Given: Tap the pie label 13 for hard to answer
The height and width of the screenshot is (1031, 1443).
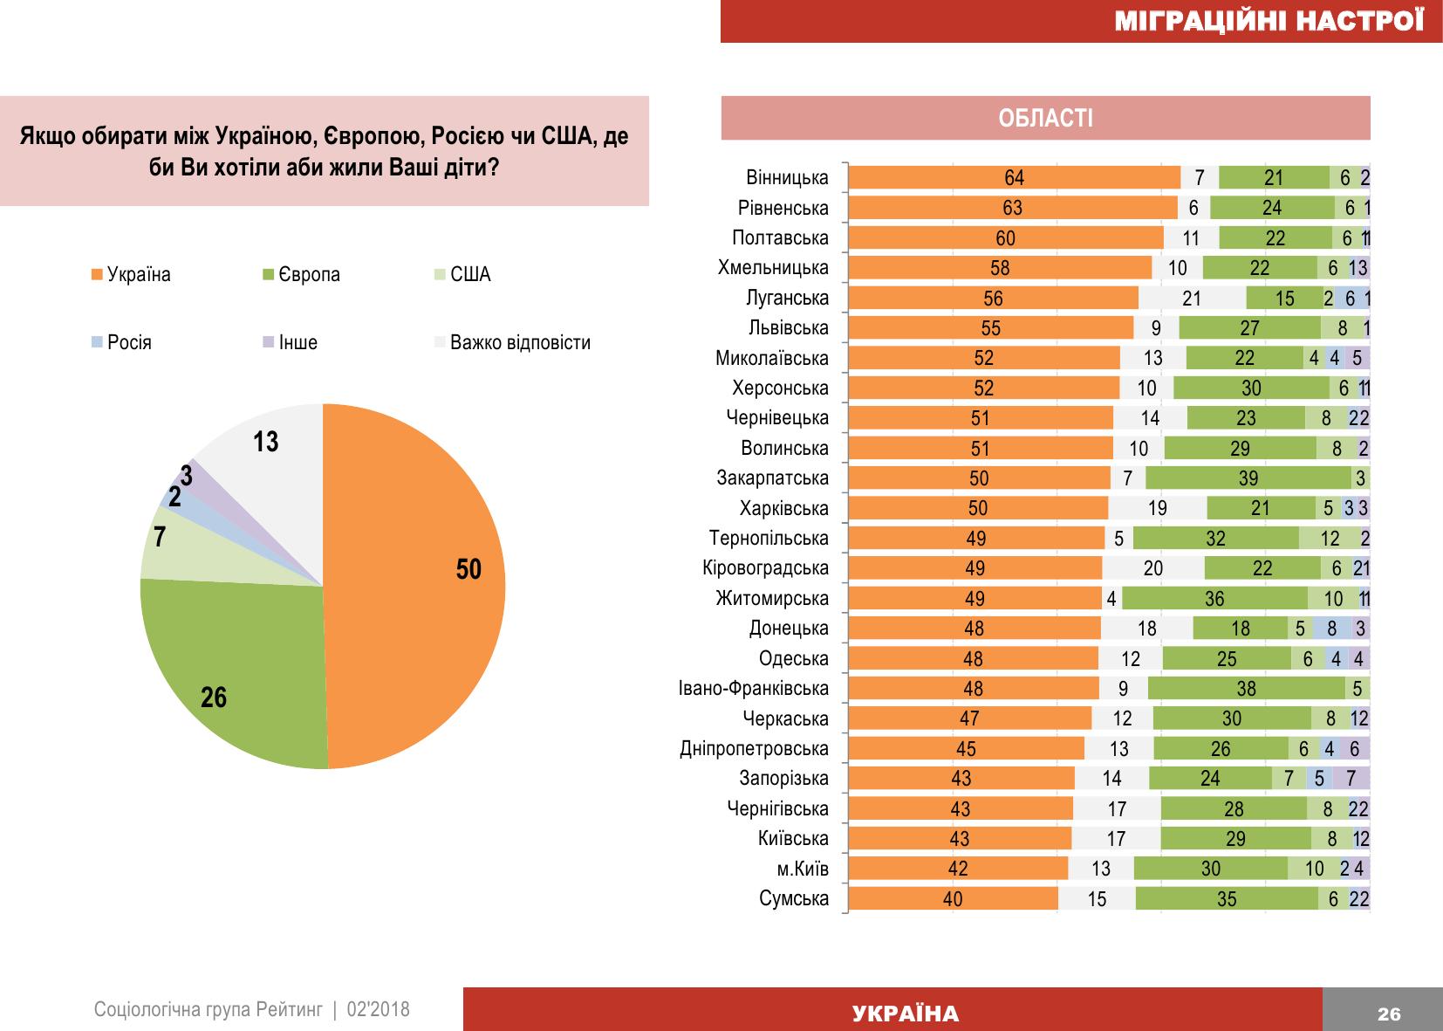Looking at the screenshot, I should pyautogui.click(x=266, y=442).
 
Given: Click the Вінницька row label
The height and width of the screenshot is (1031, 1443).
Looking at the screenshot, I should pyautogui.click(x=787, y=178).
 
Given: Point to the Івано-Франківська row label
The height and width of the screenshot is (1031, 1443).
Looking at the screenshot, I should pyautogui.click(x=754, y=689).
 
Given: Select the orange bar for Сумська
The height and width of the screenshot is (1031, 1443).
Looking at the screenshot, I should pyautogui.click(x=953, y=898).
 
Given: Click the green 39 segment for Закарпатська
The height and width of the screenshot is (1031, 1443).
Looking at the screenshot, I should pyautogui.click(x=1248, y=478).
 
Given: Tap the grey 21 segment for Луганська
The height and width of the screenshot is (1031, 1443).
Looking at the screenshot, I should pyautogui.click(x=1192, y=299).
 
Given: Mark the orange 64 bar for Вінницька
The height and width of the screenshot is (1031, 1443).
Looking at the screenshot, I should pyautogui.click(x=1014, y=178).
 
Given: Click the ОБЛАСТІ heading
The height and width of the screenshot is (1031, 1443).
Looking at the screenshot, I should pyautogui.click(x=1045, y=119).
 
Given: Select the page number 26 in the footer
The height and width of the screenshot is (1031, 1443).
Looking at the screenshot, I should pyautogui.click(x=1388, y=1014).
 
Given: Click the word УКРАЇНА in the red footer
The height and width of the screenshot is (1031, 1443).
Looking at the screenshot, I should pyautogui.click(x=905, y=1014).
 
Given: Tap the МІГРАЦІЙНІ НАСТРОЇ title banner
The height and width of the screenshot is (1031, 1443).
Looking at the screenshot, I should pyautogui.click(x=1269, y=21).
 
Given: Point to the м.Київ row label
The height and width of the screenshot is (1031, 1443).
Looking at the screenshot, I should pyautogui.click(x=802, y=869).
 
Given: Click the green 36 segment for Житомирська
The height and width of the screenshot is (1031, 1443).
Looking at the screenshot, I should pyautogui.click(x=1214, y=599).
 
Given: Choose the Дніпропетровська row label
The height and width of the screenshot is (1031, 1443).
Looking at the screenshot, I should pyautogui.click(x=754, y=749).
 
